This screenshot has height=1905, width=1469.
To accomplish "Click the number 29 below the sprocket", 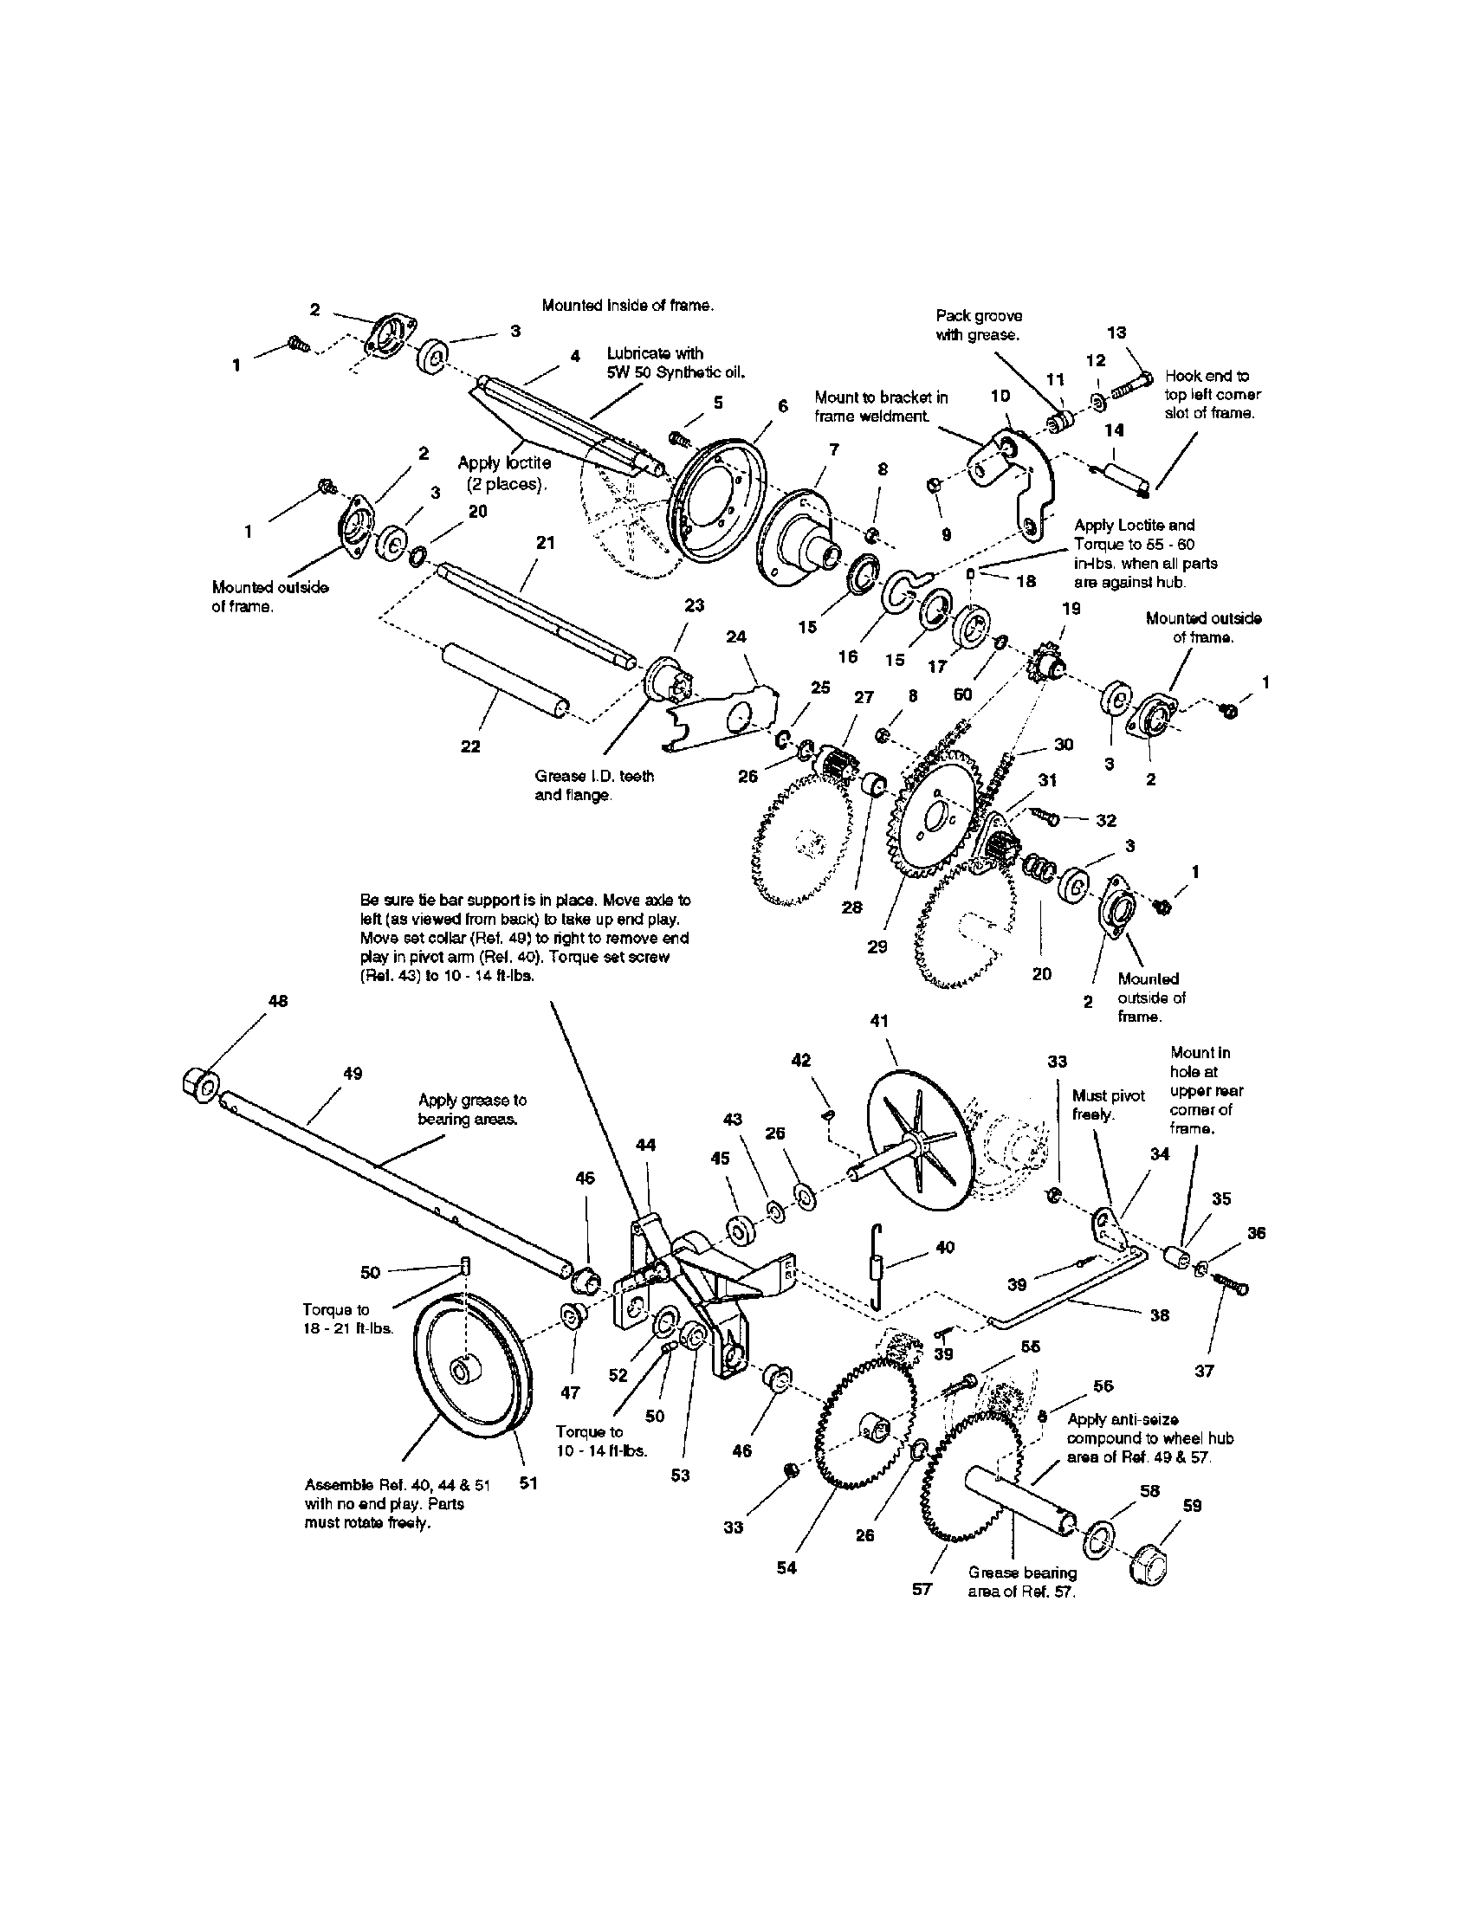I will coord(877,946).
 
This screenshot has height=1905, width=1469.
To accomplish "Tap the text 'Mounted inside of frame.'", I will coord(627,306).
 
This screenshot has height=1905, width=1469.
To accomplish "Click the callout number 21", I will coord(544,543).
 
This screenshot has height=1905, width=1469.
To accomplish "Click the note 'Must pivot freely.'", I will coord(1107,1104).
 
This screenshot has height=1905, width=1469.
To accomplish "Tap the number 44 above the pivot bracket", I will coord(645,1145).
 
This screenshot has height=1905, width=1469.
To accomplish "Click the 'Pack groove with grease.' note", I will coord(978,325).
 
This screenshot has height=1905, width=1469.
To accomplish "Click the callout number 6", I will coord(782,405).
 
